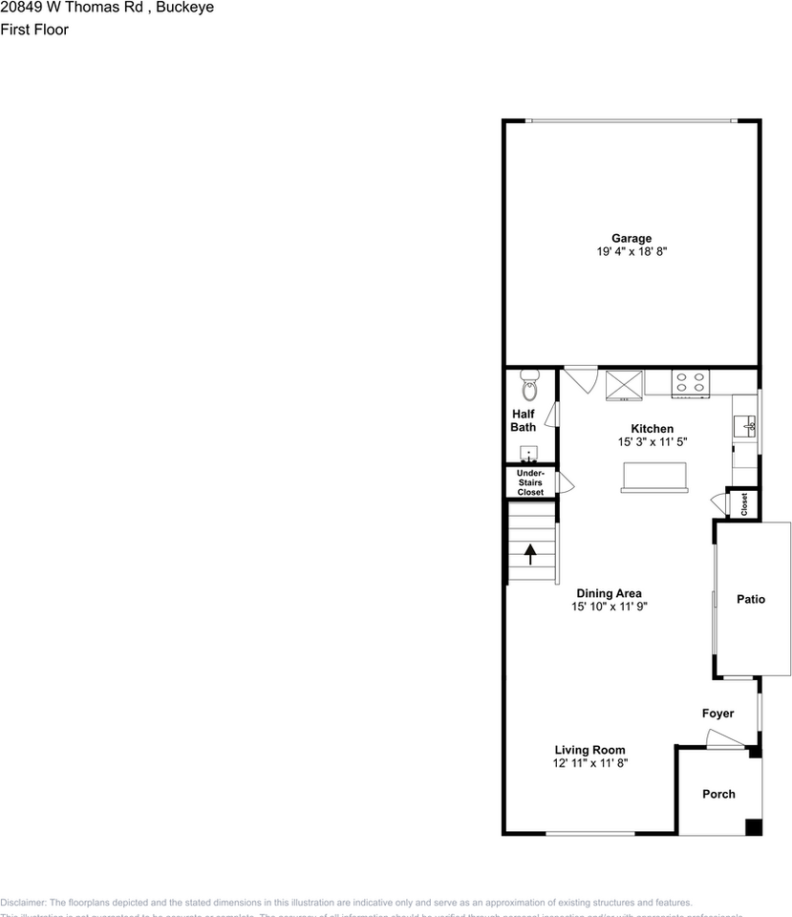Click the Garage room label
pyautogui.click(x=631, y=238)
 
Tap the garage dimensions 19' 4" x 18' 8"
pyautogui.click(x=631, y=252)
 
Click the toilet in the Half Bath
pyautogui.click(x=530, y=387)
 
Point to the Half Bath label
pyautogui.click(x=523, y=420)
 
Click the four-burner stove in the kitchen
pyautogui.click(x=690, y=382)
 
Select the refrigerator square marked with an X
pyautogui.click(x=624, y=383)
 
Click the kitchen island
pyautogui.click(x=653, y=477)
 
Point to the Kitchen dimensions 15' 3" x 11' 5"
pyautogui.click(x=653, y=442)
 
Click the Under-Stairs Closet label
pyautogui.click(x=530, y=482)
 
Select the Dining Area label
pyautogui.click(x=609, y=593)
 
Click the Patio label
pyautogui.click(x=750, y=600)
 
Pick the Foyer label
pyautogui.click(x=717, y=714)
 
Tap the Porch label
pyautogui.click(x=718, y=794)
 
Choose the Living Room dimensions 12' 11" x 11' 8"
pyautogui.click(x=589, y=763)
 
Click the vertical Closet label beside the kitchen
pyautogui.click(x=744, y=503)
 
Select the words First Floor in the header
pyautogui.click(x=34, y=30)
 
